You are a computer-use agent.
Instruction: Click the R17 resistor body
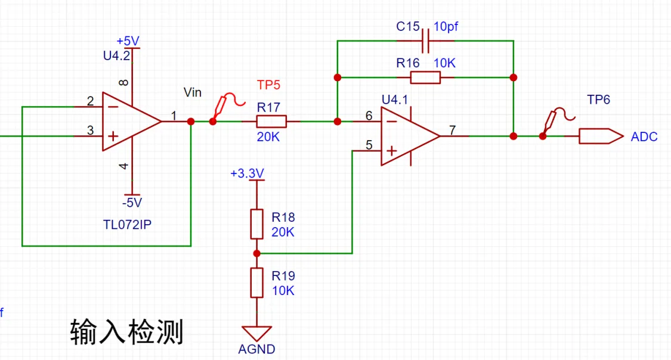271,122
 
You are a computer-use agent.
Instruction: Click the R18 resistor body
256,224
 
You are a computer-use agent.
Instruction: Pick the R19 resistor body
256,283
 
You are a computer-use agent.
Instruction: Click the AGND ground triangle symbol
256,333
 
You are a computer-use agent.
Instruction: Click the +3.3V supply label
247,173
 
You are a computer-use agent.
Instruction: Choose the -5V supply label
131,203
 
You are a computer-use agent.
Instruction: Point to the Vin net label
193,92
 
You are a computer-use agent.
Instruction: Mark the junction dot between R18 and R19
256,253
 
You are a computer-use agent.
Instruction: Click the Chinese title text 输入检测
126,331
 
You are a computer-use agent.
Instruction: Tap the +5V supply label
128,41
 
